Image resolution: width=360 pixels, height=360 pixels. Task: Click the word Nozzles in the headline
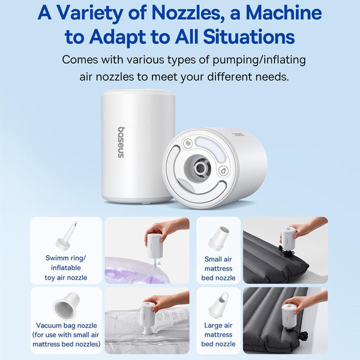coord(185,13)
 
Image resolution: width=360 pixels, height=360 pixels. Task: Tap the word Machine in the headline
coord(284,13)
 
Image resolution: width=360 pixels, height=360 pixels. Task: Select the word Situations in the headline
coord(248,37)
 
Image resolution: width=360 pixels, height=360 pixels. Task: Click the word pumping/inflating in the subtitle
coord(259,60)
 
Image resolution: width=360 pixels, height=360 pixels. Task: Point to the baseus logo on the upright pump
coord(121,142)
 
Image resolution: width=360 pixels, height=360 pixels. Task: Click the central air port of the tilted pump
coord(200,168)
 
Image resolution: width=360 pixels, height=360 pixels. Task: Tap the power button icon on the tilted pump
coord(223,171)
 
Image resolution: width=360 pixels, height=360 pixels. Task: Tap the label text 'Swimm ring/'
coord(65,258)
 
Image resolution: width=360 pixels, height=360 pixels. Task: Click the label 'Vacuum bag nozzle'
coord(67,325)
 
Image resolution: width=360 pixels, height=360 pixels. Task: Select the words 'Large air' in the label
coord(218,325)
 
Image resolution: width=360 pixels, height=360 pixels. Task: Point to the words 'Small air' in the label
coord(218,259)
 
